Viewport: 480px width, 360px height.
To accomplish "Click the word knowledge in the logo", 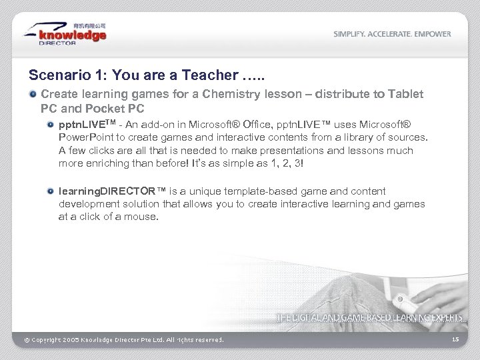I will [73, 35].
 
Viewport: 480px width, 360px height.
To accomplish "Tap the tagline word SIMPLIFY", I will [351, 34].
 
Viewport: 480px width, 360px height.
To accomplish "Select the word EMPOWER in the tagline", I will [433, 34].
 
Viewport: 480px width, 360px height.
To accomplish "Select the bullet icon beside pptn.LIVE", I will [51, 124].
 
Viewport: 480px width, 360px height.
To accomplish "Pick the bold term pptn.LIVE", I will [83, 124].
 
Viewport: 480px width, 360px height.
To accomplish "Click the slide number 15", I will [455, 339].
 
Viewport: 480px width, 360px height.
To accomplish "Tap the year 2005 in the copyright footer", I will [71, 340].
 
